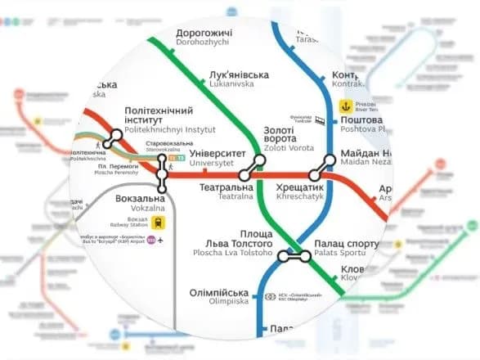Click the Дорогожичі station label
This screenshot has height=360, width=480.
pos(204,34)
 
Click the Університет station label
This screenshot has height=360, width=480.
pos(218,152)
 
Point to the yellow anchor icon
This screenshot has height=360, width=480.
pos(347,106)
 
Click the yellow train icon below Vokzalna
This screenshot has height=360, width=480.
pos(156,221)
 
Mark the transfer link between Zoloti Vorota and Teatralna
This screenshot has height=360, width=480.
pos(251,169)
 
